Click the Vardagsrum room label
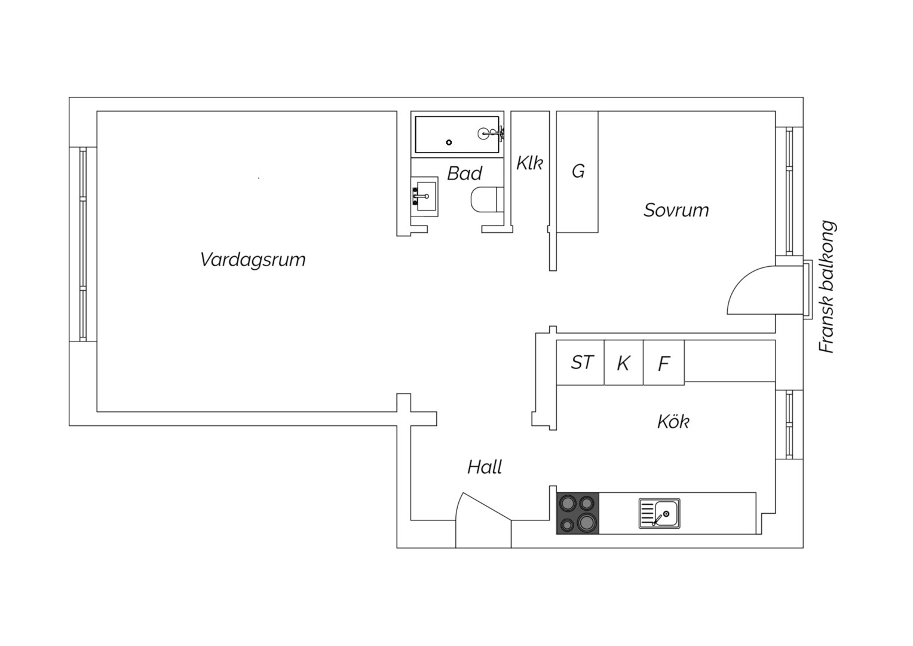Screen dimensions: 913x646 [x=253, y=260]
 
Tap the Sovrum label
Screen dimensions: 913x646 [x=676, y=210]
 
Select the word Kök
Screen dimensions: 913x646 [x=673, y=422]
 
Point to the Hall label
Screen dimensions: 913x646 [x=484, y=467]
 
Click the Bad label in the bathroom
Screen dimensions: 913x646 [x=464, y=173]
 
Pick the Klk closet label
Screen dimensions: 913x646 [x=529, y=163]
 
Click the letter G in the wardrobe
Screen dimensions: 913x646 [x=578, y=171]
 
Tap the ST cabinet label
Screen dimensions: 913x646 [x=581, y=362]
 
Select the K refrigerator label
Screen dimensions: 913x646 [x=623, y=363]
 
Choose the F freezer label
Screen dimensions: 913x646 [x=664, y=363]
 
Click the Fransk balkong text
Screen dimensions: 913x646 [x=826, y=287]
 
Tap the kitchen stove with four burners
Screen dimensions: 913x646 [x=578, y=513]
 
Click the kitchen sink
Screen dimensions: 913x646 [x=659, y=513]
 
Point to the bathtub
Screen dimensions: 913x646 [x=457, y=134]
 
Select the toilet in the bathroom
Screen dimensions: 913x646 [x=487, y=200]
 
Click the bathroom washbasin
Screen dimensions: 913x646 [x=424, y=196]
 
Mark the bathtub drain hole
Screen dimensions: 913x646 [x=449, y=142]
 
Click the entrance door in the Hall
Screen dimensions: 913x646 [x=483, y=520]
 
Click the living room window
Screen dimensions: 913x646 [x=83, y=244]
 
